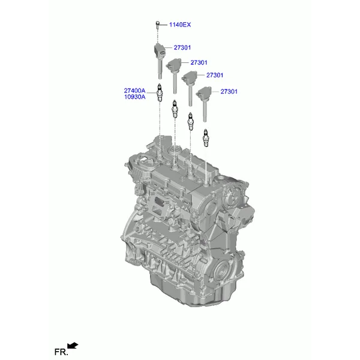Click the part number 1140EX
(x=180, y=25)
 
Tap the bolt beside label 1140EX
(x=157, y=25)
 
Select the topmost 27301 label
(x=182, y=47)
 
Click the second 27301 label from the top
(x=199, y=62)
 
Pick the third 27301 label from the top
(x=215, y=75)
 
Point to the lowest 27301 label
(x=229, y=92)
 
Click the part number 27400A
(x=135, y=91)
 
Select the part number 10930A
(x=135, y=97)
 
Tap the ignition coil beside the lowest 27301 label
(x=204, y=103)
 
